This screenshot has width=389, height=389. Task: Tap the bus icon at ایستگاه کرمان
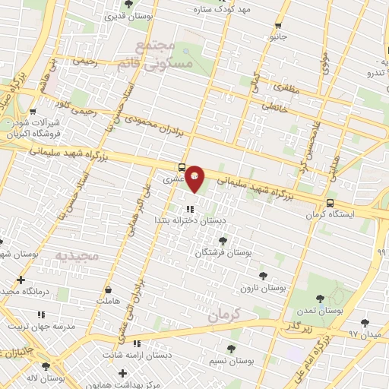pos(330,203)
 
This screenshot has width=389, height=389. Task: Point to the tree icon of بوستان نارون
pos(263,276)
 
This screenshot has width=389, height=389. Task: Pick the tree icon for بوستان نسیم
pos(231,349)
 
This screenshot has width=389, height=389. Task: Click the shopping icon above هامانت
pos(108,289)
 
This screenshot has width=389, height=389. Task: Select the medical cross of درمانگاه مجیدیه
pos(21,280)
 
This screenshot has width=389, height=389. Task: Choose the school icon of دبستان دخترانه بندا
pos(190,208)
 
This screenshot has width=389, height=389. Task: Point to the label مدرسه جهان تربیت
pos(42,326)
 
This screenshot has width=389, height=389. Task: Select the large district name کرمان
pos(222,313)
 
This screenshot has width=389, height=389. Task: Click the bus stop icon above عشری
pos(181,167)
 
